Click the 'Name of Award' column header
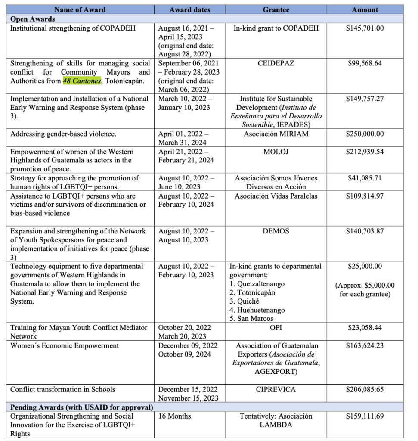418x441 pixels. click(x=81, y=9)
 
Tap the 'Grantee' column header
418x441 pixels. click(x=276, y=9)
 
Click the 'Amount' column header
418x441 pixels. click(x=365, y=9)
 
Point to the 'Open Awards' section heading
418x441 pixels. click(x=33, y=19)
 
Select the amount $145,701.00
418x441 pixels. click(x=365, y=28)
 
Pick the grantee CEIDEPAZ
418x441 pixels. click(x=276, y=63)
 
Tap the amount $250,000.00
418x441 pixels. click(x=365, y=134)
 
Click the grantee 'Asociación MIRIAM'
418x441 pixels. click(x=276, y=134)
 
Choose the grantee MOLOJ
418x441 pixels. click(x=276, y=152)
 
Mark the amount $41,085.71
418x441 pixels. click(x=365, y=178)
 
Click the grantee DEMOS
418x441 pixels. click(x=276, y=231)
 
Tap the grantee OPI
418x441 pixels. click(x=276, y=328)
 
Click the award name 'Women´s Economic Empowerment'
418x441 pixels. click(x=65, y=345)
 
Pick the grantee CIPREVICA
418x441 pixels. click(x=276, y=389)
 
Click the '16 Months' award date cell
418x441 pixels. click(x=175, y=416)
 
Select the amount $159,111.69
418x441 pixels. click(x=365, y=416)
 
